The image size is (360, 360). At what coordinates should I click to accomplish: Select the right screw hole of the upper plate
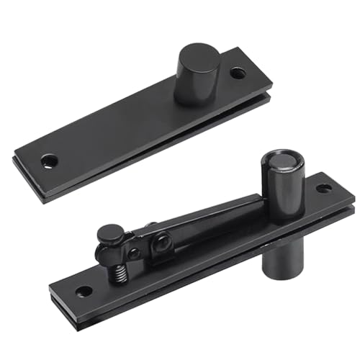[237, 73]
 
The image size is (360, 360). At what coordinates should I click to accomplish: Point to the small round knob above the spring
[109, 234]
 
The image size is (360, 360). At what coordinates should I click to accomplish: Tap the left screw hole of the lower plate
[84, 292]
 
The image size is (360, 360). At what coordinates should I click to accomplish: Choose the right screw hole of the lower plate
[324, 189]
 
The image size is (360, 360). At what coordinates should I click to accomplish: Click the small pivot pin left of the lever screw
[134, 253]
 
